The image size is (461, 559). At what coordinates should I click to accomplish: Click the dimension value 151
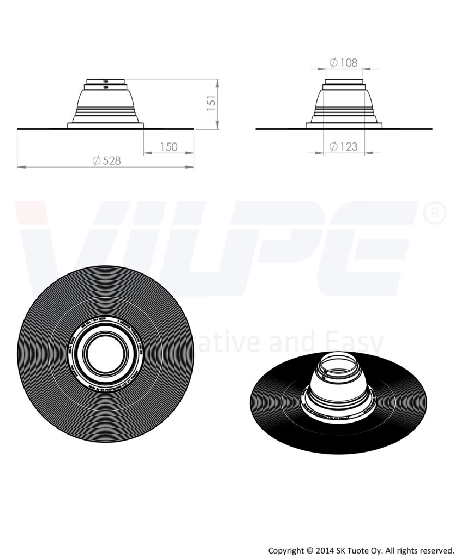point(212,103)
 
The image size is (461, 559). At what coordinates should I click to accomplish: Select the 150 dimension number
point(169,147)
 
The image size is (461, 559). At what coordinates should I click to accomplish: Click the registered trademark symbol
point(435,215)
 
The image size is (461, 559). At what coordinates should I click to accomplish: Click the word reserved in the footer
point(436,550)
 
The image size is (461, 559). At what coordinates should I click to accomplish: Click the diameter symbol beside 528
point(96,160)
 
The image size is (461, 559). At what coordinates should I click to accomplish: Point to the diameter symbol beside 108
point(333,63)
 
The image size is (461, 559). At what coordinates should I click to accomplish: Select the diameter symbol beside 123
point(333,146)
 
